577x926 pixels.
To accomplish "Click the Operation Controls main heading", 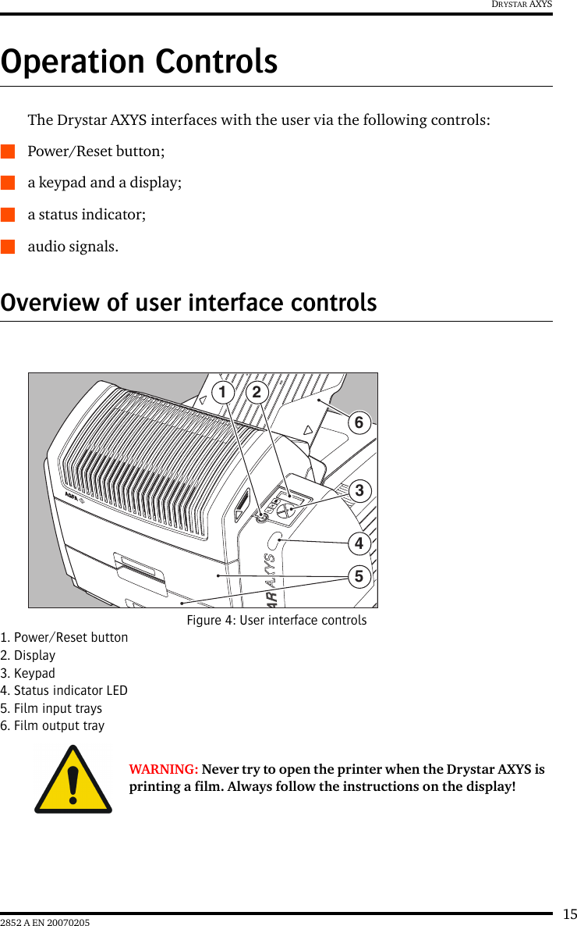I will (139, 62).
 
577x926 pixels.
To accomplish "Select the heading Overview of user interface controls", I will (189, 302).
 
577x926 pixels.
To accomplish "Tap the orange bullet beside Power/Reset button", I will (8, 151).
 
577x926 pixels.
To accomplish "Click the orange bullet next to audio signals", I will (8, 247).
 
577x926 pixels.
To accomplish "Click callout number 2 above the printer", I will (256, 392).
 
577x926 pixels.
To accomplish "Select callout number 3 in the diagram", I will (359, 490).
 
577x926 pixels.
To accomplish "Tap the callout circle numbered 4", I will (359, 542).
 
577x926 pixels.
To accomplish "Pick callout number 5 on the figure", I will (359, 576).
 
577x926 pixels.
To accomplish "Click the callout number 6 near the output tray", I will (359, 422).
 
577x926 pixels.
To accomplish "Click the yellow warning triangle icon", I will (73, 780).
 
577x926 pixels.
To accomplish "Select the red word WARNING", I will (163, 769).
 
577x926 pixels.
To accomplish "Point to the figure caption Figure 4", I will (276, 620).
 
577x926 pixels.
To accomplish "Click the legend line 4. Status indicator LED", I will (64, 690).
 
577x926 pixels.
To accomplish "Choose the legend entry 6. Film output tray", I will (52, 725).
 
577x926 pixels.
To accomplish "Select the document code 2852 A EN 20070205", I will (45, 923).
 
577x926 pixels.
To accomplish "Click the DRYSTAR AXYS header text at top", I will (522, 5).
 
